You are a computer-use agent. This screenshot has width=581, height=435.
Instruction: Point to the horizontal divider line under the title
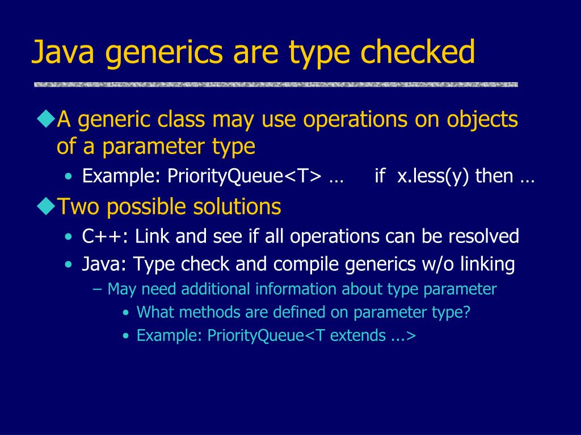[x=276, y=84]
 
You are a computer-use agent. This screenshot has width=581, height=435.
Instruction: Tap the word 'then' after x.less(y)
[x=494, y=177]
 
